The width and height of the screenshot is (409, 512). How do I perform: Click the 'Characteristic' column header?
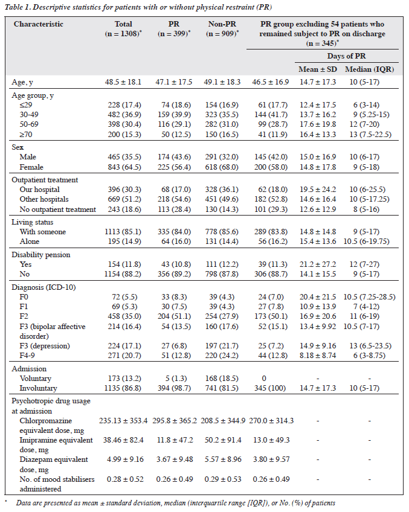[39, 24]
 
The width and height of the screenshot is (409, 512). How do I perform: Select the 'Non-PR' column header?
[222, 24]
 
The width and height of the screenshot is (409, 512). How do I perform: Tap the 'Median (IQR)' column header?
[370, 69]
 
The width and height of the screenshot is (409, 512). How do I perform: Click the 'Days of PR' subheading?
[347, 56]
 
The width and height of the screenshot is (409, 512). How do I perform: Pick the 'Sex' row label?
[18, 147]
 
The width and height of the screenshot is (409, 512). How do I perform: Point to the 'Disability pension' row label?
[41, 255]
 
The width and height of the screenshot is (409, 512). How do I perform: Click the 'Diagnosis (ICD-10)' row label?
[43, 287]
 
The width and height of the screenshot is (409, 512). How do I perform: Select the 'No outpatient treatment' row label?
[58, 210]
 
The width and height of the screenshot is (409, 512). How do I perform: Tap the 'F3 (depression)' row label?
[45, 346]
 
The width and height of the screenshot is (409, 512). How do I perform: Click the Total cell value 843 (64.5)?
[124, 167]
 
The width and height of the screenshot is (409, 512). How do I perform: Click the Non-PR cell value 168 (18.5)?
[222, 378]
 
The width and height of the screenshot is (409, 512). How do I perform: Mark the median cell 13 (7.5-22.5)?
[370, 134]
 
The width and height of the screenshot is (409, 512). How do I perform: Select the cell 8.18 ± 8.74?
[318, 355]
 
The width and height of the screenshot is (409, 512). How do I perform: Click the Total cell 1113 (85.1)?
[123, 231]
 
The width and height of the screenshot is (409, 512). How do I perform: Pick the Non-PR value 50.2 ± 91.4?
[223, 440]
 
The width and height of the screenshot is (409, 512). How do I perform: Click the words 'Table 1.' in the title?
[18, 7]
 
